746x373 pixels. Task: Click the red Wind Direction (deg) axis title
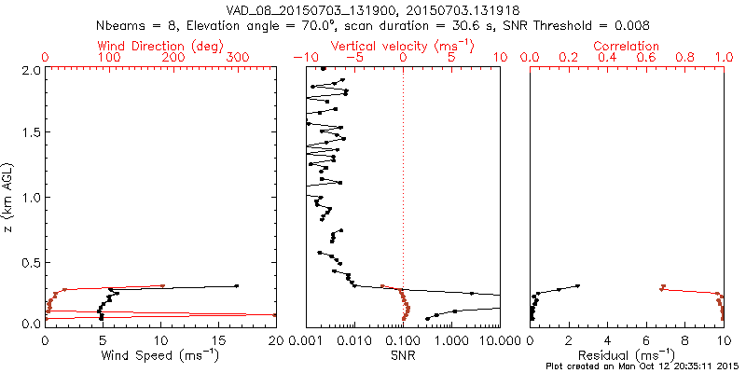[160, 46]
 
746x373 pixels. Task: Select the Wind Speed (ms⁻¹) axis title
[160, 355]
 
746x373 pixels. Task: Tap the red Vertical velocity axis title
[402, 46]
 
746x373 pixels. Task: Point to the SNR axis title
[403, 355]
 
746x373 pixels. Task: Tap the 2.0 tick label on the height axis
[30, 70]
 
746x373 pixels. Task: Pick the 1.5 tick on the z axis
[30, 133]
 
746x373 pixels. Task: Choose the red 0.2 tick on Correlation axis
[569, 58]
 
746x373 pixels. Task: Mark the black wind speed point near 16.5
[237, 286]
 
